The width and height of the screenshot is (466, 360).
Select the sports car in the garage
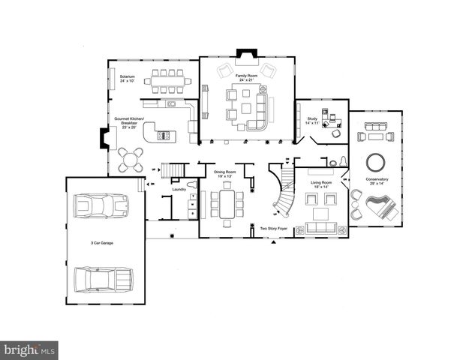pyautogui.click(x=101, y=206)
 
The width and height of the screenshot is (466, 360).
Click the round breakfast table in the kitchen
pyautogui.click(x=132, y=159)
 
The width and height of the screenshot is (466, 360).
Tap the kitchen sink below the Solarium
pyautogui.click(x=171, y=104)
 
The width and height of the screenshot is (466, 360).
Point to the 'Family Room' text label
pyautogui.click(x=246, y=76)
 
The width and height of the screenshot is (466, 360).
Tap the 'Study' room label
pyautogui.click(x=312, y=118)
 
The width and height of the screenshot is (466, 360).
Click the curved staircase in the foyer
pyautogui.click(x=284, y=193)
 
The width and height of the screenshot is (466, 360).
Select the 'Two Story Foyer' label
pyautogui.click(x=273, y=228)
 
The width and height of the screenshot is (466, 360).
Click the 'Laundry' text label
pyautogui.click(x=179, y=189)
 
